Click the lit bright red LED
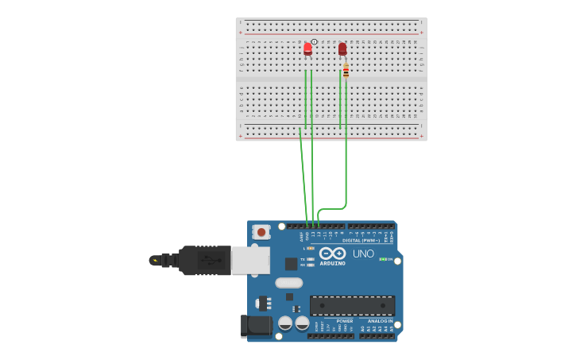pos(307,48)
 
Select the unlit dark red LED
pos(342,48)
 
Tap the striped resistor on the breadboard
pos(346,71)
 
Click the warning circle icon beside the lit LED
pos(315,41)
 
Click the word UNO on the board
pos(363,254)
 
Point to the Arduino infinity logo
pos(333,254)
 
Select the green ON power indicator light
pos(383,259)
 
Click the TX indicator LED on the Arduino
pos(311,259)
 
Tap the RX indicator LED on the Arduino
pos(311,265)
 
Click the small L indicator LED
pos(311,248)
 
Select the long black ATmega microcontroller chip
pos(352,305)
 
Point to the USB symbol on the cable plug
pos(206,260)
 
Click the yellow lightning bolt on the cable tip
pos(154,260)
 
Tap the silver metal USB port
pos(249,260)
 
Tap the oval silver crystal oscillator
pos(289,283)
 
